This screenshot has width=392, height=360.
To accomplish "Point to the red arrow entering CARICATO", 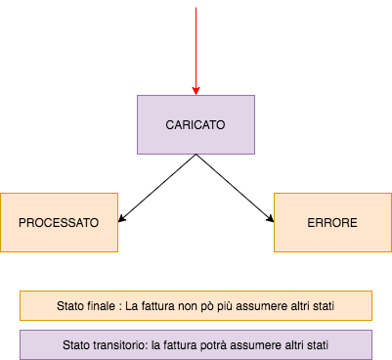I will [196, 49].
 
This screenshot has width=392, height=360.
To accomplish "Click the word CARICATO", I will [196, 126].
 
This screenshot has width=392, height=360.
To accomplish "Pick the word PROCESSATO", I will [59, 223].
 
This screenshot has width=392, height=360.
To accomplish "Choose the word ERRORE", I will [332, 223].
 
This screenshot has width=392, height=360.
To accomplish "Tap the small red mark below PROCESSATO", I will [82, 252].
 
